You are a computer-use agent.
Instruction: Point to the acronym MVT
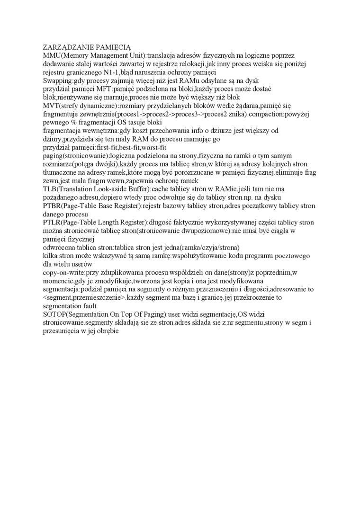pyautogui.click(x=52, y=106)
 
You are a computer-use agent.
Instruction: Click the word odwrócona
pyautogui.click(x=59, y=247)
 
